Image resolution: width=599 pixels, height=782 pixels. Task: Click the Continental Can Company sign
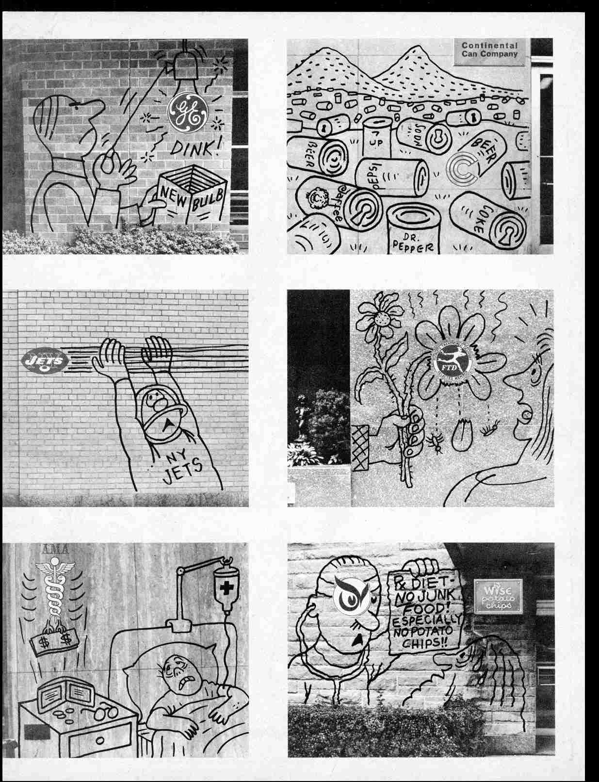click(489, 49)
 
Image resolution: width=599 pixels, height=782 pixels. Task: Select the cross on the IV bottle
click(226, 590)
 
